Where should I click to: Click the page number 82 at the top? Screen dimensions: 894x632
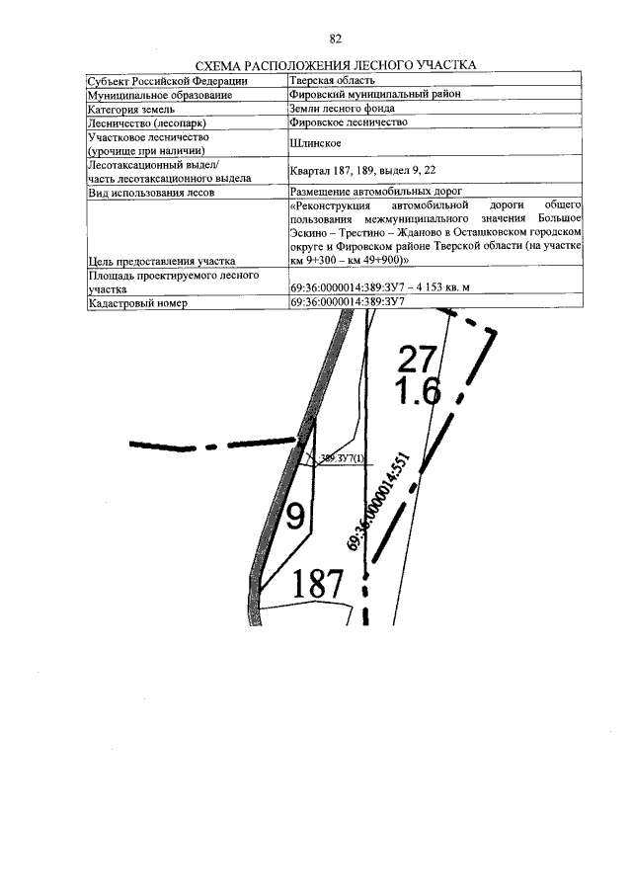pyautogui.click(x=336, y=39)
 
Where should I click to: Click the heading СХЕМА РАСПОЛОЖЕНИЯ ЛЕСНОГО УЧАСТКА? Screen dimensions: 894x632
pyautogui.click(x=337, y=64)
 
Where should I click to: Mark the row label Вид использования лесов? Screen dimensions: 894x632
pyautogui.click(x=151, y=192)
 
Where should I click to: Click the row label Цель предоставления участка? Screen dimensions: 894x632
pyautogui.click(x=167, y=261)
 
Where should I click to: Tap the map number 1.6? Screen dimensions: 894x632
pyautogui.click(x=418, y=392)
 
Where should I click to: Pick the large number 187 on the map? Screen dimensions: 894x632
pyautogui.click(x=321, y=587)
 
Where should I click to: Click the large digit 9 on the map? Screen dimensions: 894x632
pyautogui.click(x=294, y=515)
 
